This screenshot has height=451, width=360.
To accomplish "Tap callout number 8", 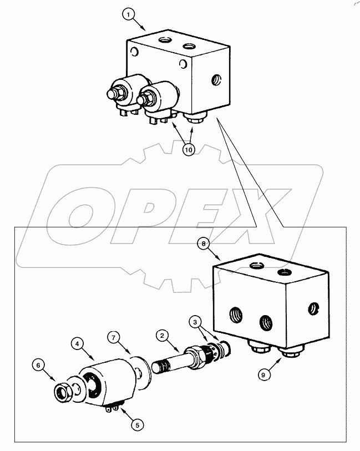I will [x=206, y=244].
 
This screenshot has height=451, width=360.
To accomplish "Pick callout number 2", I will [x=161, y=335].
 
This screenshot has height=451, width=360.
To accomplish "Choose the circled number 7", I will [x=113, y=337].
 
